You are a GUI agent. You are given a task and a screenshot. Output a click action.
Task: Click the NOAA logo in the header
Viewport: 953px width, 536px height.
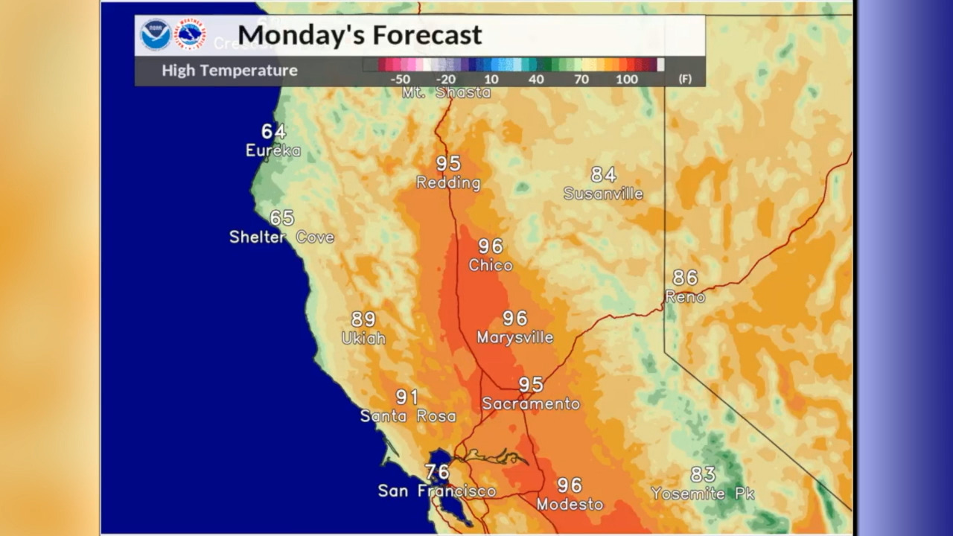click(156, 35)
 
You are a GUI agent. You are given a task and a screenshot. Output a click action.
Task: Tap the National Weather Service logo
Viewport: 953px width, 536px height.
click(190, 35)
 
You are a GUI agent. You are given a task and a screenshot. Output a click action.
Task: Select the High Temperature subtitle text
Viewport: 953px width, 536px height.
click(229, 71)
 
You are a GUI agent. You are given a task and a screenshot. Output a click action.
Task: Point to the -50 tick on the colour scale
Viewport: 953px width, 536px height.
click(400, 80)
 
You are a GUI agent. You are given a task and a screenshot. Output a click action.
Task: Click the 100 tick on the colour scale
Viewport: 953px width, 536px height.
click(626, 80)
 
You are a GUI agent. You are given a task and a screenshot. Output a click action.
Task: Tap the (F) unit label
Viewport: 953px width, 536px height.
click(684, 80)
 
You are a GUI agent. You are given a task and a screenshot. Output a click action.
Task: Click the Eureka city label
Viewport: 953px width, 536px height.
click(273, 151)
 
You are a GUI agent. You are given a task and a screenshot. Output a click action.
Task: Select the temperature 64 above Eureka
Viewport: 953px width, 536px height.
click(273, 132)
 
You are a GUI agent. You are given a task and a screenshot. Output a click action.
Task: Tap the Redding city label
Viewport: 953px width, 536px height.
click(448, 183)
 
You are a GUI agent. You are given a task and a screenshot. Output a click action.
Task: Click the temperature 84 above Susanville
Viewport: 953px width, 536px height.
click(603, 175)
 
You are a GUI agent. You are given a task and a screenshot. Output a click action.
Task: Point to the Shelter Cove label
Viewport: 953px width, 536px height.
click(281, 237)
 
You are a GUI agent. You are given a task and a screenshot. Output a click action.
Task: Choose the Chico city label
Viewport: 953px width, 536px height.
click(491, 266)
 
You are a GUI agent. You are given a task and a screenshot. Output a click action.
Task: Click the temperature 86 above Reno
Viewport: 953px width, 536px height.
click(685, 278)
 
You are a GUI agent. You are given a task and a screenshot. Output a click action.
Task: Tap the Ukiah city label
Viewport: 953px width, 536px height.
click(363, 339)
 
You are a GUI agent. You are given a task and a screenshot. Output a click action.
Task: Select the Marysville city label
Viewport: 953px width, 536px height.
click(515, 338)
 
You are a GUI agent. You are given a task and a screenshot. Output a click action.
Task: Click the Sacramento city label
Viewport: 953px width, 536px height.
click(531, 404)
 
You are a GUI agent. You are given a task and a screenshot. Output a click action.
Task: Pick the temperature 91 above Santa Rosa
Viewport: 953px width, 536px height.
click(407, 398)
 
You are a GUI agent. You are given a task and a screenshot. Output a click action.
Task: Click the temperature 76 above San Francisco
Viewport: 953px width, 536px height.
click(437, 472)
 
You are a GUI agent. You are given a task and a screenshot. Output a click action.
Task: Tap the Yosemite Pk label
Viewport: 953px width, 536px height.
click(703, 494)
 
